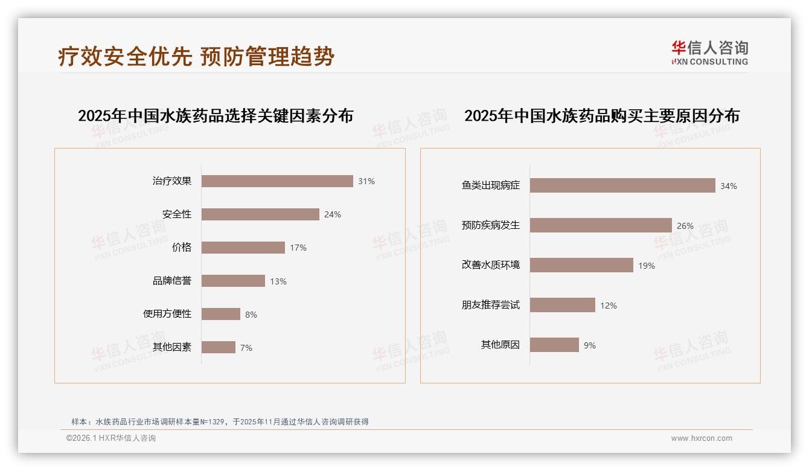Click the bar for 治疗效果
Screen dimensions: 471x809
coord(277,181)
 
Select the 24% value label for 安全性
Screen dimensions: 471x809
coord(332,214)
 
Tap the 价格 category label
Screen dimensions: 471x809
coord(182,248)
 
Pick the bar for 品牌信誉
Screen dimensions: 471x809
coord(233,281)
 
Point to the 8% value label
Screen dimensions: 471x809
coord(251,315)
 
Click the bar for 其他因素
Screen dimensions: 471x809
coord(219,347)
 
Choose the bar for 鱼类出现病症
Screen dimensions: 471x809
coord(622,185)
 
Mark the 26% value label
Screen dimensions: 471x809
coord(685,226)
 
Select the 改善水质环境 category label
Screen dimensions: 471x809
coord(490,265)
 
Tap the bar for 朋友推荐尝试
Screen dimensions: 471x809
coord(563,305)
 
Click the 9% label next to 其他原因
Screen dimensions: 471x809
coord(589,345)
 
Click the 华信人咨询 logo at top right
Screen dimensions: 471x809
coord(709,53)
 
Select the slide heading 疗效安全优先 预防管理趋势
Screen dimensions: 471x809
coord(196,56)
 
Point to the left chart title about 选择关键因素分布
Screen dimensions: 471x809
coord(216,115)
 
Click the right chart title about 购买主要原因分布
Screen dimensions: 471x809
coord(601,115)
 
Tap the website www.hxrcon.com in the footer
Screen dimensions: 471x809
coord(702,438)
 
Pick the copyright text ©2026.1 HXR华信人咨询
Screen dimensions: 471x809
coord(111,438)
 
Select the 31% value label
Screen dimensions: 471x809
coord(366,181)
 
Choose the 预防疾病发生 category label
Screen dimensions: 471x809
coord(490,225)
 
